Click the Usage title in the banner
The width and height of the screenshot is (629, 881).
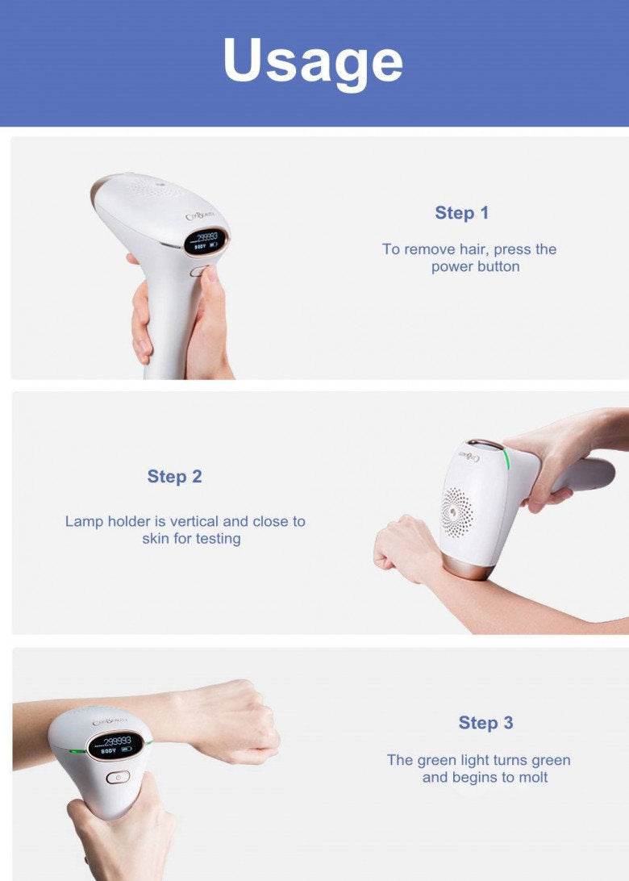313,61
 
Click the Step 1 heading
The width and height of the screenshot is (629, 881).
461,213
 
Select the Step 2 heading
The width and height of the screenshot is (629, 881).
174,477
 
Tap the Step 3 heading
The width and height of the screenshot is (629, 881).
485,723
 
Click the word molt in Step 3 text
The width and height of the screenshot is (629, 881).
532,778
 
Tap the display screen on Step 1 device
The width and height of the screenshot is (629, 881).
205,241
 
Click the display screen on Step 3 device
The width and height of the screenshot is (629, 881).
115,745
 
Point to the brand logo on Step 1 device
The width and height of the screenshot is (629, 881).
201,216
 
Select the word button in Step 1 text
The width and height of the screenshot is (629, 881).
498,267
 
